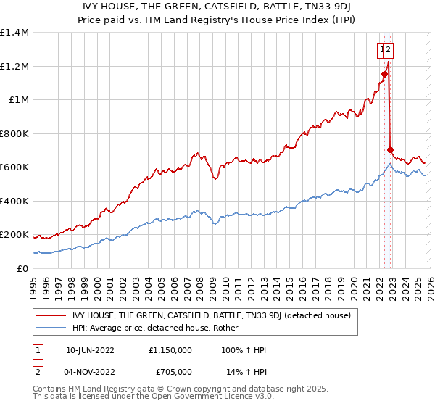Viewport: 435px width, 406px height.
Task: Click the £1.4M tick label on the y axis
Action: [x=15, y=33]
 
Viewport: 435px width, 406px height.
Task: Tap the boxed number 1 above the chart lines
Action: [x=381, y=50]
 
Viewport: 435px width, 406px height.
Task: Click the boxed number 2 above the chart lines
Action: [x=389, y=50]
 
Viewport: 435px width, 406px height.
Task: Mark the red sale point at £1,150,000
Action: [x=384, y=74]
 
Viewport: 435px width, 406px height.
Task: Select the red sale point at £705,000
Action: [x=390, y=149]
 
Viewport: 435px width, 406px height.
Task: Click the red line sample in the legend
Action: [x=52, y=315]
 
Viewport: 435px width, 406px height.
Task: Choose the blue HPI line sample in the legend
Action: [x=52, y=328]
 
